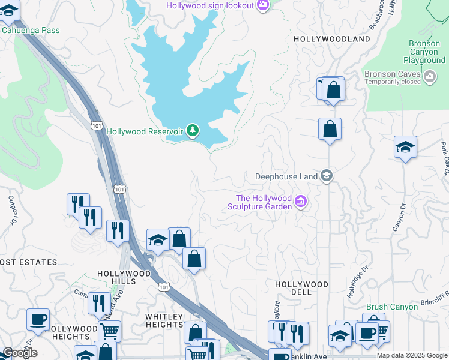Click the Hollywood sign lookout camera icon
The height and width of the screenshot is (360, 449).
point(262,5)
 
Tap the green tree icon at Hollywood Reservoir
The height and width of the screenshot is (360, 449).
point(192,130)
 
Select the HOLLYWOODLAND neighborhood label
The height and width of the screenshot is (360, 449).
point(332,39)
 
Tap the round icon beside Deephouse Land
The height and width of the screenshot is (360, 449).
point(327,176)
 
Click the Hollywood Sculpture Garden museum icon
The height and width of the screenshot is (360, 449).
point(301,203)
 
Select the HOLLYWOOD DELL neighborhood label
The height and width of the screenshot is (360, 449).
point(301,288)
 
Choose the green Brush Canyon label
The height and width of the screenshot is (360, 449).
point(391,307)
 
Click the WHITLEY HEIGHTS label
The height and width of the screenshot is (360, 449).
point(164,320)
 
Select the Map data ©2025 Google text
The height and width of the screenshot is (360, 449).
point(411,355)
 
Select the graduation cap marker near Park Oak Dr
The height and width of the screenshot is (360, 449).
point(405,148)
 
